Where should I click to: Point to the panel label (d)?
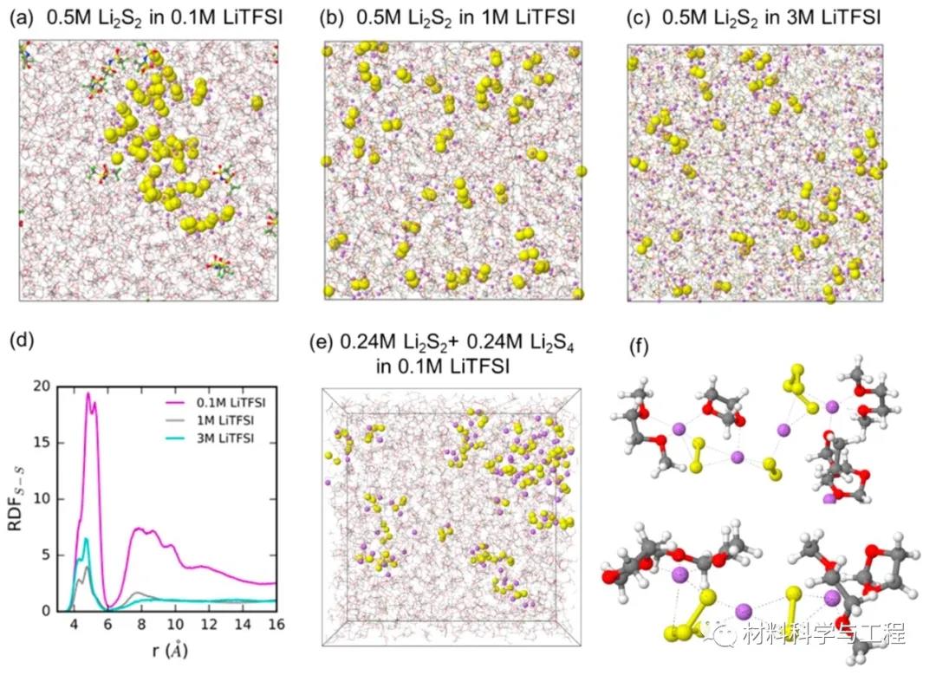19,341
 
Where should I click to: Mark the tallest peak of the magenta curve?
88,393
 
